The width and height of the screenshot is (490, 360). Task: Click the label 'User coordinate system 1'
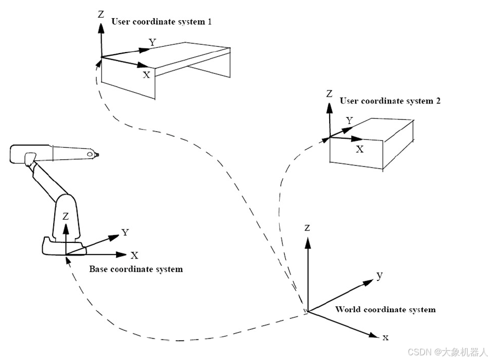click(x=161, y=22)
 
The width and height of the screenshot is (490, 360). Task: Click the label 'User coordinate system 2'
click(x=390, y=101)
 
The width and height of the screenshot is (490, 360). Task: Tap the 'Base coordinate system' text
click(x=136, y=269)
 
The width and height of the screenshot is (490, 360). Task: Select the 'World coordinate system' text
click(x=385, y=310)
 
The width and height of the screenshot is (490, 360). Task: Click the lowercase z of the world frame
click(x=308, y=228)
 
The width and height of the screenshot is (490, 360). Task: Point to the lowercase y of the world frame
click(x=380, y=275)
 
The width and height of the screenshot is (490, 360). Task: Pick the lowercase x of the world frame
click(x=385, y=338)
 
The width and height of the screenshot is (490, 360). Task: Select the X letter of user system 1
click(x=146, y=75)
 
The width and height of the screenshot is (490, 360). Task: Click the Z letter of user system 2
click(x=329, y=94)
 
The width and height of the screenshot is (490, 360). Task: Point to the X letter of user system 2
click(x=359, y=149)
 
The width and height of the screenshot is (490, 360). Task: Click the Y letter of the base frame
click(x=125, y=233)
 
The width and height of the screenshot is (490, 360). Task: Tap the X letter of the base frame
click(x=134, y=255)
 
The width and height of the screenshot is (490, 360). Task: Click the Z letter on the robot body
click(x=66, y=216)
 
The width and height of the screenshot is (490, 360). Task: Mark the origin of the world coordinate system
click(x=308, y=312)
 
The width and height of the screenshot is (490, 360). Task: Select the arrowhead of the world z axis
click(x=308, y=241)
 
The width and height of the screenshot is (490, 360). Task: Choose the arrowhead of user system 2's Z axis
click(x=329, y=107)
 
